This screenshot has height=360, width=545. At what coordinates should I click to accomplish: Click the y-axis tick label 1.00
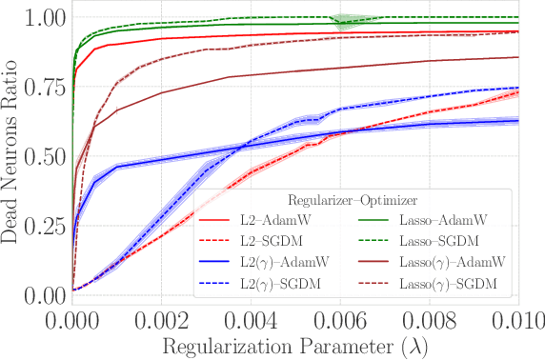tap(44, 18)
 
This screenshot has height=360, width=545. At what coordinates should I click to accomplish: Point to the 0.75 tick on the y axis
tap(44, 87)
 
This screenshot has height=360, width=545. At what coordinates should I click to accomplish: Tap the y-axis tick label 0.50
tap(44, 156)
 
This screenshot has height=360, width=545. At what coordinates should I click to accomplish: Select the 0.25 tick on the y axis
tap(44, 226)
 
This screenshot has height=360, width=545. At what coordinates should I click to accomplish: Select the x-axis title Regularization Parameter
tap(295, 343)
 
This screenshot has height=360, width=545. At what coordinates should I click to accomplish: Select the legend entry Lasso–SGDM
tap(442, 240)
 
